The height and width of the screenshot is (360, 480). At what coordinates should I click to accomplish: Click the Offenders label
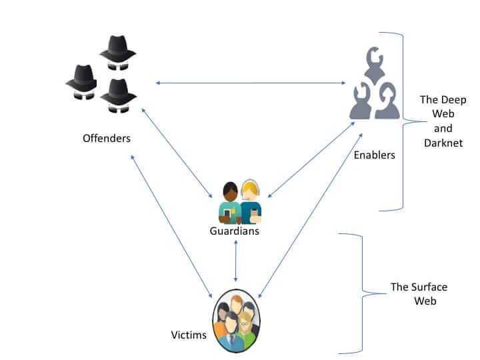pos(107,139)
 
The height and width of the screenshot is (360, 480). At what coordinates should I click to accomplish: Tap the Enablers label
pos(375,155)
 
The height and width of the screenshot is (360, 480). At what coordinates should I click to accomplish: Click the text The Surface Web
pos(419,294)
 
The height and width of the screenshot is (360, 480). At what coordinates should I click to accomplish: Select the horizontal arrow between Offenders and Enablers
pos(249,83)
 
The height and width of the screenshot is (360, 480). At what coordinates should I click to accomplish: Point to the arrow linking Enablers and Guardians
pos(310,159)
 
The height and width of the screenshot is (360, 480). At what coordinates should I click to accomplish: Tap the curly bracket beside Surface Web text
pos(360,293)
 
